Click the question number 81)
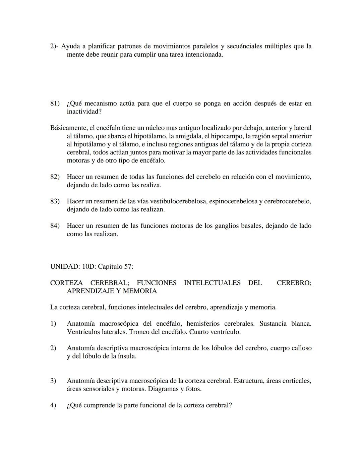[x=55, y=104]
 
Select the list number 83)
[x=55, y=201]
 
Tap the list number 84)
[x=55, y=226]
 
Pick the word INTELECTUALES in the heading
[x=212, y=283]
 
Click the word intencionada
[x=204, y=54]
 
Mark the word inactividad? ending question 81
[x=84, y=112]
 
